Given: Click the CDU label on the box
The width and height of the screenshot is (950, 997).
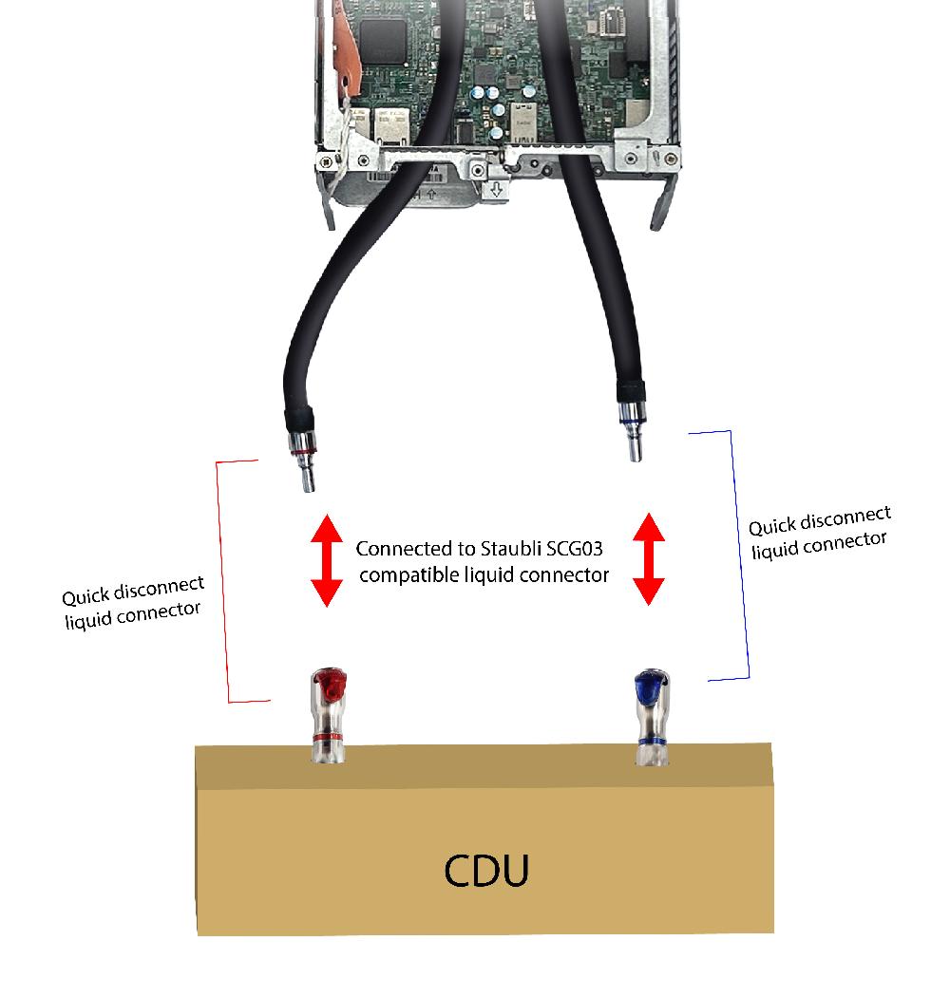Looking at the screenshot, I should [485, 871].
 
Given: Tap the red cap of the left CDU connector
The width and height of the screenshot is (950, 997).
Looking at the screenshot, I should [327, 685].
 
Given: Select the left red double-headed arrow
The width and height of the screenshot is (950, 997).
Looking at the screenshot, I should [326, 561].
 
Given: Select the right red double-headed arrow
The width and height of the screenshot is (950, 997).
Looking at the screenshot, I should [649, 559].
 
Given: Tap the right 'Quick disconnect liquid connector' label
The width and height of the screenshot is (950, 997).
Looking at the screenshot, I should [820, 532].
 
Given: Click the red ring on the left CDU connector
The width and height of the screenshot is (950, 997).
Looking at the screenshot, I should [327, 736].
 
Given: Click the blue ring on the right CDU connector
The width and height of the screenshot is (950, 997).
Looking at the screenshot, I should [653, 741].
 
